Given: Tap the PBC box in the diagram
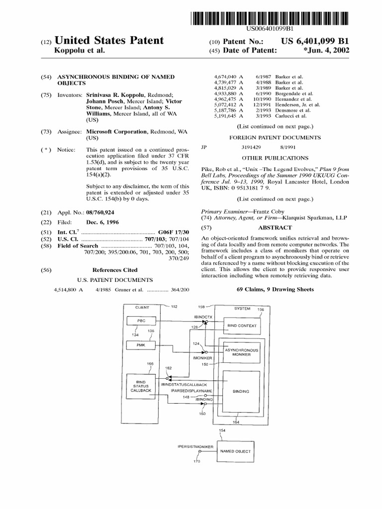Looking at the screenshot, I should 142,322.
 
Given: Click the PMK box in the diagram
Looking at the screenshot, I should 142,344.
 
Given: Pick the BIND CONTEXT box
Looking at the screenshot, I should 241,326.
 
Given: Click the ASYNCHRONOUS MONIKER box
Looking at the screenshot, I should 241,352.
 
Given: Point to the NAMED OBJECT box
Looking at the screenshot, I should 235,451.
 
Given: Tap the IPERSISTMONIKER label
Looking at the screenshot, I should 195,447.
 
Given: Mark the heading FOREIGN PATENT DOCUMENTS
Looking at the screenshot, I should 274,137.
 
